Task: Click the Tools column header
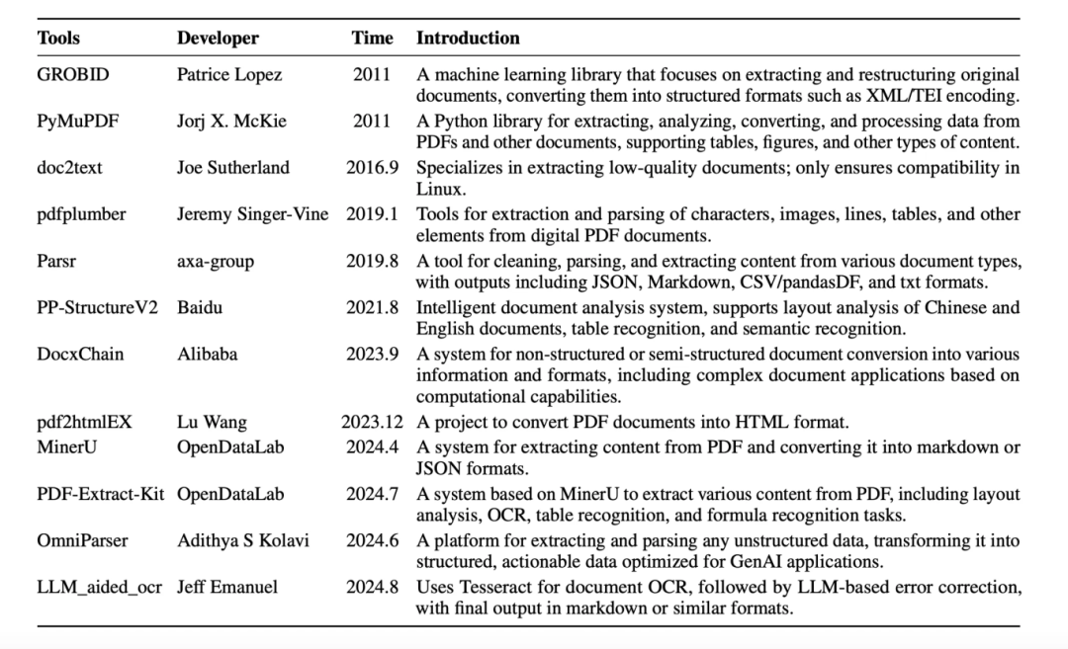tap(58, 39)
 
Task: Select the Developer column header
tap(218, 39)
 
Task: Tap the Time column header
tap(372, 39)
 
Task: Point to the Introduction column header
tap(468, 39)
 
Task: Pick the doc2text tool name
tap(69, 168)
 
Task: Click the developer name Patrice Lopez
tap(229, 74)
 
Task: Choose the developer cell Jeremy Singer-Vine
tap(252, 214)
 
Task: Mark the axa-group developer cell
tap(216, 261)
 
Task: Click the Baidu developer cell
tap(200, 307)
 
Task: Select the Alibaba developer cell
tap(207, 354)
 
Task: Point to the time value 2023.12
tap(373, 422)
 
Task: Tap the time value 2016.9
tap(372, 168)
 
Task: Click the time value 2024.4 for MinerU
tap(372, 446)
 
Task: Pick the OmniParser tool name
tap(82, 540)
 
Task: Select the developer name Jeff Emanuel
tap(227, 587)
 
